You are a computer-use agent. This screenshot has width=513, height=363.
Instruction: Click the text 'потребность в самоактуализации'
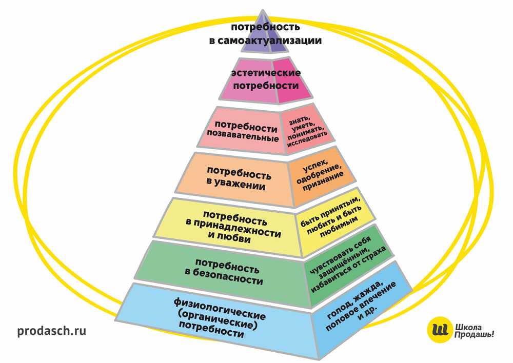click(265, 34)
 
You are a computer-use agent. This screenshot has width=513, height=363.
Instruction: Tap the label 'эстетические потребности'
click(266, 79)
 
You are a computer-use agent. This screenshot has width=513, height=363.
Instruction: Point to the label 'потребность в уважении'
click(239, 178)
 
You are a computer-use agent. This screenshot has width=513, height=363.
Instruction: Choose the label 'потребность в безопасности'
click(224, 271)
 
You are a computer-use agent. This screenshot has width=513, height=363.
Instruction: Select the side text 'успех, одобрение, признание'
click(319, 175)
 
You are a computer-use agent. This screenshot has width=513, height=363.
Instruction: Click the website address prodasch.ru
click(52, 331)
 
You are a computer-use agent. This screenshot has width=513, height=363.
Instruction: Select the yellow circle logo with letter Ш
click(440, 329)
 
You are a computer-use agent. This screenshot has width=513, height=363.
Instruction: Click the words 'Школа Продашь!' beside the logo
click(473, 331)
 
